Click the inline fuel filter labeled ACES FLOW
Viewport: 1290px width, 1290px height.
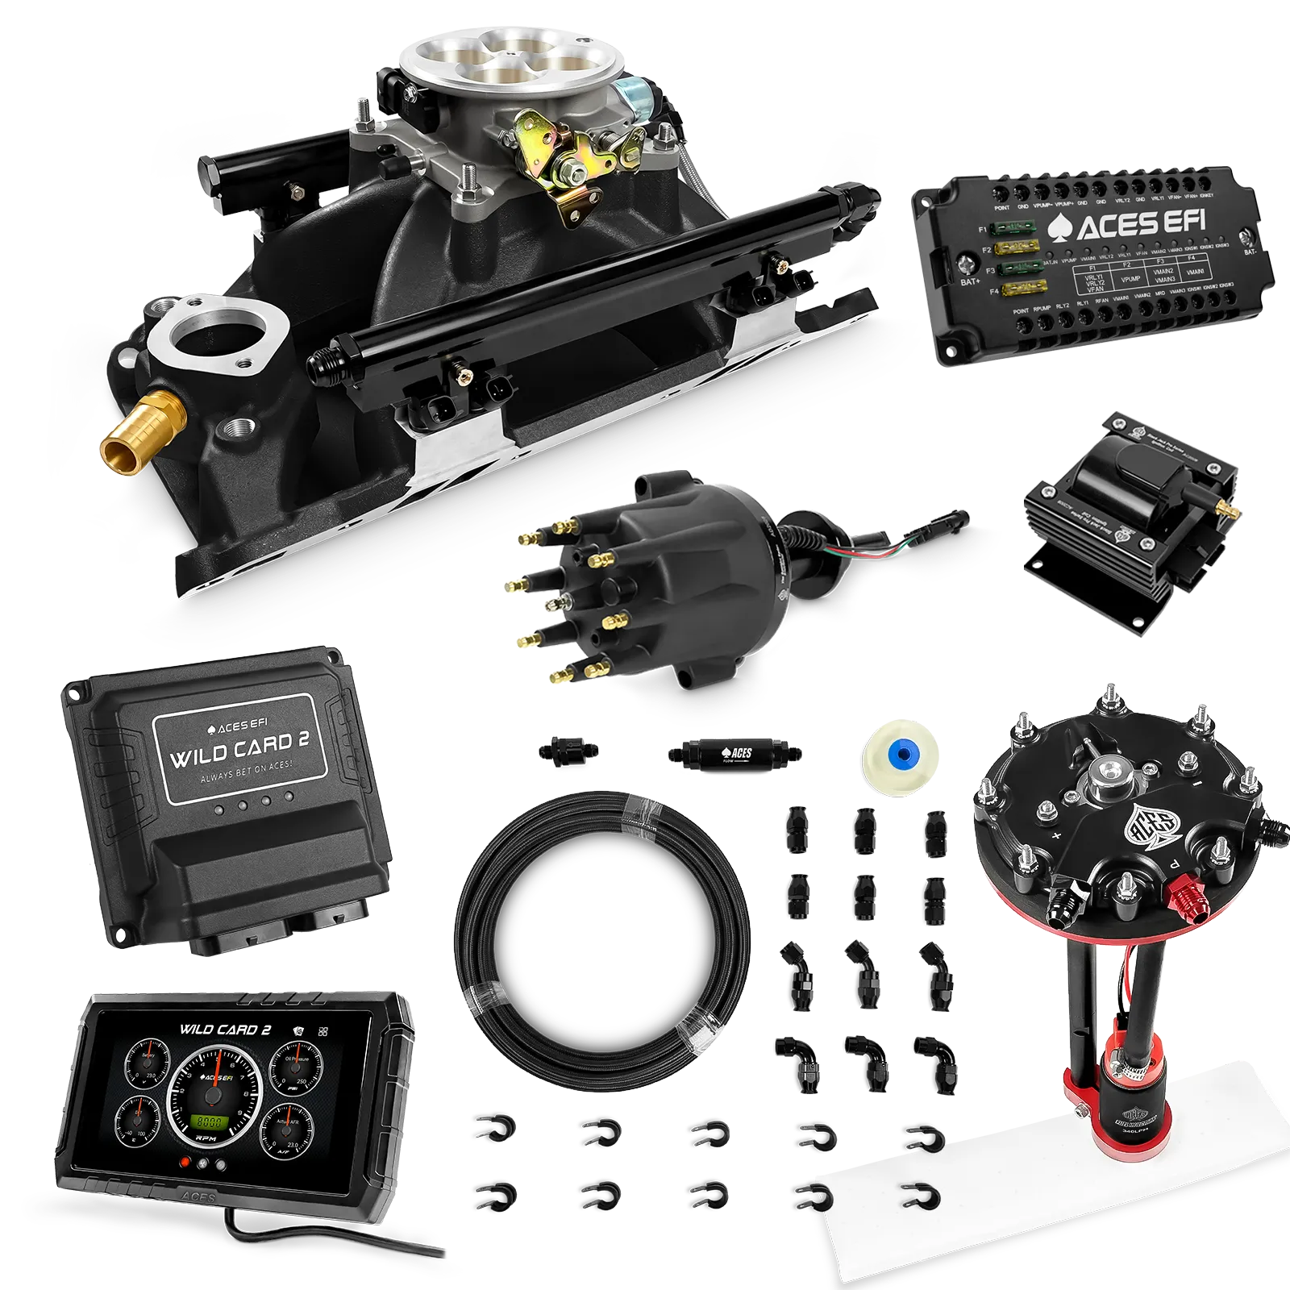click(x=733, y=755)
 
